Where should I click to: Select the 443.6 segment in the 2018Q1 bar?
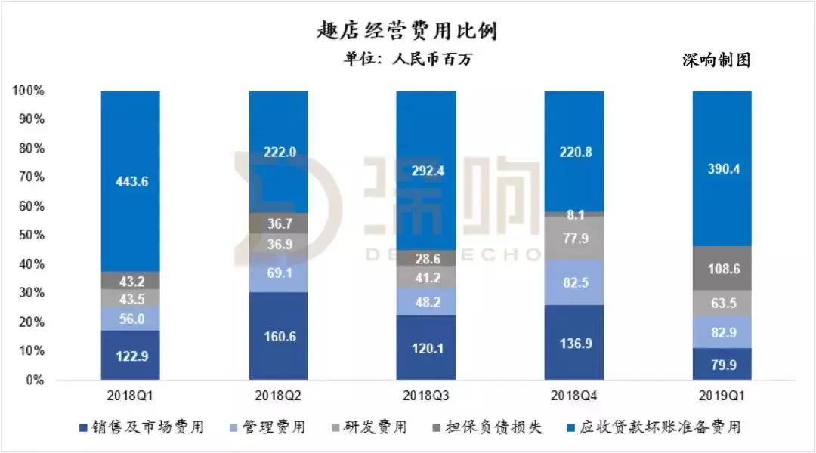[x=130, y=181]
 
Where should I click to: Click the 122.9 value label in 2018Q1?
[x=130, y=355]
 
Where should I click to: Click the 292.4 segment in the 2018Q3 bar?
[x=427, y=171]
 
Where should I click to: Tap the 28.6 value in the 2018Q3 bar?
[x=427, y=258]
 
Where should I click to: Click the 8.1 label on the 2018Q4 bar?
[x=575, y=214]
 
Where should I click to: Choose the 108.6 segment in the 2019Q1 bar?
[x=723, y=268]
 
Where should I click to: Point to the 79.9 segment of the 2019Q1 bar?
[x=723, y=364]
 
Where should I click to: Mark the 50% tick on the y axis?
[x=28, y=236]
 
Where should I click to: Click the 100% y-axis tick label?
[x=28, y=91]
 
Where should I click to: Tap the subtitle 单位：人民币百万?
[x=407, y=60]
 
